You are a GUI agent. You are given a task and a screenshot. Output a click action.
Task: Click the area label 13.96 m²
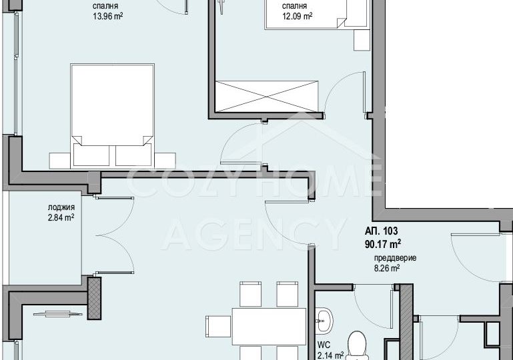108,16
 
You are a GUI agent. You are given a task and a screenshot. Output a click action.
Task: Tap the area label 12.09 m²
297,16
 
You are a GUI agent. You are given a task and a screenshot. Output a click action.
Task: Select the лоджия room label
61,207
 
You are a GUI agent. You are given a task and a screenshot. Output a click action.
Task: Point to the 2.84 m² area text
61,217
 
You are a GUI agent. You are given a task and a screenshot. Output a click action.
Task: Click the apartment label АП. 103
382,231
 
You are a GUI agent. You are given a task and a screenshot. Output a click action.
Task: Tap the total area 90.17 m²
383,244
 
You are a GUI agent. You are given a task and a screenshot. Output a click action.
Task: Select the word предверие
395,258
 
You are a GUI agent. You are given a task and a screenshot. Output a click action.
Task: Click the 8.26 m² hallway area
387,269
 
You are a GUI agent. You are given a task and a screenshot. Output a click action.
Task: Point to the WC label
324,345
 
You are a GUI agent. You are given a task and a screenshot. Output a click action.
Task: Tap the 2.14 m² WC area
330,355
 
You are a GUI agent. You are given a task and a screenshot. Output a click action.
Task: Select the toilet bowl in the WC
357,345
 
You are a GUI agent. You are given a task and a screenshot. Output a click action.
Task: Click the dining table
269,326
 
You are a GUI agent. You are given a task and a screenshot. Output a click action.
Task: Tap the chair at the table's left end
218,326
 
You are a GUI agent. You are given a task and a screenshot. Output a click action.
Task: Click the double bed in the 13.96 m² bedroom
112,116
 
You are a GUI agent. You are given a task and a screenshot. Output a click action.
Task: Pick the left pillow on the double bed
91,155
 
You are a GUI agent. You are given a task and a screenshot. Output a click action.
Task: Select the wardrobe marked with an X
267,97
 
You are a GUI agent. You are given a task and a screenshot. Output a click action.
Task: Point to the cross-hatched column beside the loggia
94,298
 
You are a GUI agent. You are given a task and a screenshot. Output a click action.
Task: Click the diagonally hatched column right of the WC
406,322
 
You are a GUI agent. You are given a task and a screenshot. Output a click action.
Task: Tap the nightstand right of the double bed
165,161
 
